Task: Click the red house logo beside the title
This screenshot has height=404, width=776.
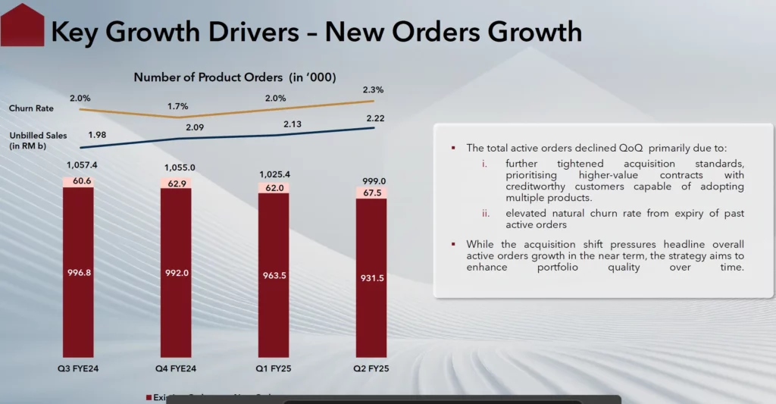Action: (23, 25)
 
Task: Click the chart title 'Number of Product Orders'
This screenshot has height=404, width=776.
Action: (235, 77)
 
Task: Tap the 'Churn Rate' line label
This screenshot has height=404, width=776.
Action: (27, 108)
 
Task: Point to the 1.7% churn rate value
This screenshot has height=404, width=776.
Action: (179, 106)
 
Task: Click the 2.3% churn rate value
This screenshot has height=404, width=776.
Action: (374, 89)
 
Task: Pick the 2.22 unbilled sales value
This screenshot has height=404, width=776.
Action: (374, 119)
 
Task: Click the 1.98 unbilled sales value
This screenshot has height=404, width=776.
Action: (96, 135)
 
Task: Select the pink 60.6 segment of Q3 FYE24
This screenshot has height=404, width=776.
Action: (78, 180)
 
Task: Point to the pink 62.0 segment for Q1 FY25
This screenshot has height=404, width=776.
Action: (274, 187)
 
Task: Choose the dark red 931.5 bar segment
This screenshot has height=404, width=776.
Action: (371, 278)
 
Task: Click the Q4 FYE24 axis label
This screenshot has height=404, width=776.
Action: (176, 369)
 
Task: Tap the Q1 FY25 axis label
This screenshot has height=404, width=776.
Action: (274, 369)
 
